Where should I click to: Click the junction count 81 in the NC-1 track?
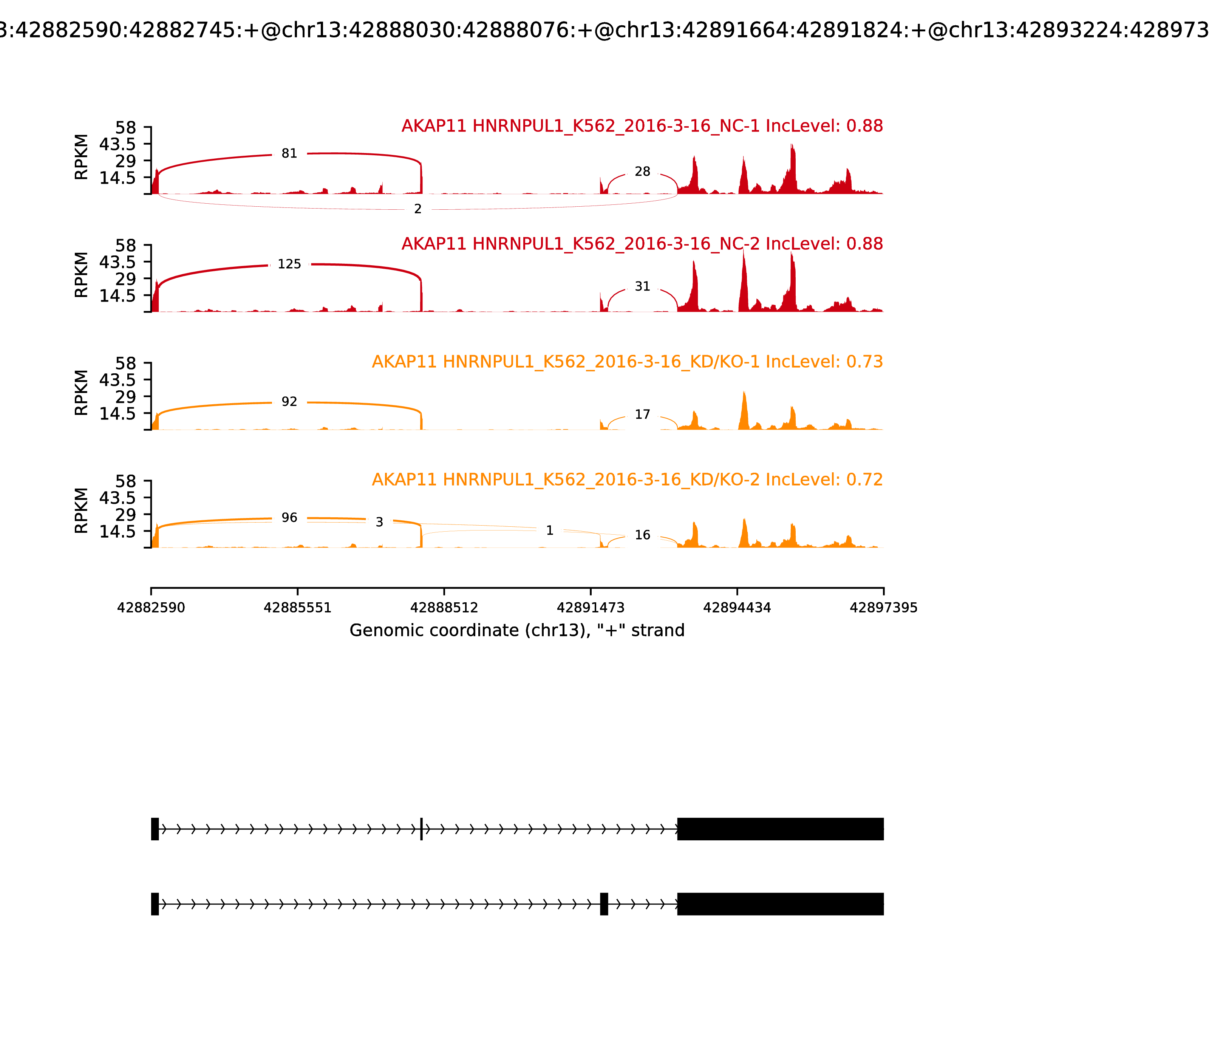coord(289,153)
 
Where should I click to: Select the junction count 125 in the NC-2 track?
coord(289,264)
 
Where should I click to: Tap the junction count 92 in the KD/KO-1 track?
coord(289,401)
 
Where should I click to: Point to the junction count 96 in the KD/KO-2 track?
coord(289,518)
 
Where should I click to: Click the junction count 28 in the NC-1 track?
coord(642,172)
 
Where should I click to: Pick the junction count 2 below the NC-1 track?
coord(418,209)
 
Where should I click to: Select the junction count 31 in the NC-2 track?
coord(642,286)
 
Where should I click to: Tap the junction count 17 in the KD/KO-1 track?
coord(642,415)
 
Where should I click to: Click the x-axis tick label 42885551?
coord(298,608)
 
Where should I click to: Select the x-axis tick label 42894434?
coord(737,608)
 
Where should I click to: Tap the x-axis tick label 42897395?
coord(883,608)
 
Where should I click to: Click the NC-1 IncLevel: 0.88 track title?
coord(642,126)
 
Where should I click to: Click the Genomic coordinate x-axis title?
coord(517,631)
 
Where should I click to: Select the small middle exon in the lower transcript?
coord(604,904)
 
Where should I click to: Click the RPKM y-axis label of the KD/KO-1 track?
coord(82,393)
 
